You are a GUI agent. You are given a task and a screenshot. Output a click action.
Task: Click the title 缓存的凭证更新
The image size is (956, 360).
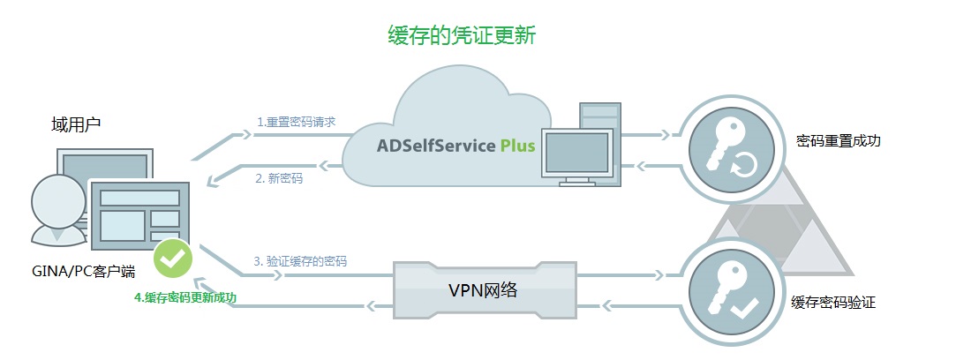point(462,36)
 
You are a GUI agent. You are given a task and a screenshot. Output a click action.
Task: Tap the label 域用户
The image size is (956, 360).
point(76,125)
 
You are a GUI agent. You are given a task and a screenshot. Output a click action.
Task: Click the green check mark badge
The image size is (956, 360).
point(173,258)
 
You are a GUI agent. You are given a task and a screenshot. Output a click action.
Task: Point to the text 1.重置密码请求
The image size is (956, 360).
point(296,121)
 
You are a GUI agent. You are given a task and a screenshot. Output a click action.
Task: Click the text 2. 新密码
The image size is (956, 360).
point(279,178)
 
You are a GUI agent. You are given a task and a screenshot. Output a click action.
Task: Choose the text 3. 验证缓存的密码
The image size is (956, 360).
point(300,261)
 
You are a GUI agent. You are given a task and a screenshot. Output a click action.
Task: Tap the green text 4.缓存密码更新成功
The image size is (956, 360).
point(185,297)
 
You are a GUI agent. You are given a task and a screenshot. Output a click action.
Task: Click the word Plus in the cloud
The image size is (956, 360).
point(517,146)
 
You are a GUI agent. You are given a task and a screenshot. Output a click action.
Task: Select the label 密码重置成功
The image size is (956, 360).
point(839,141)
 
